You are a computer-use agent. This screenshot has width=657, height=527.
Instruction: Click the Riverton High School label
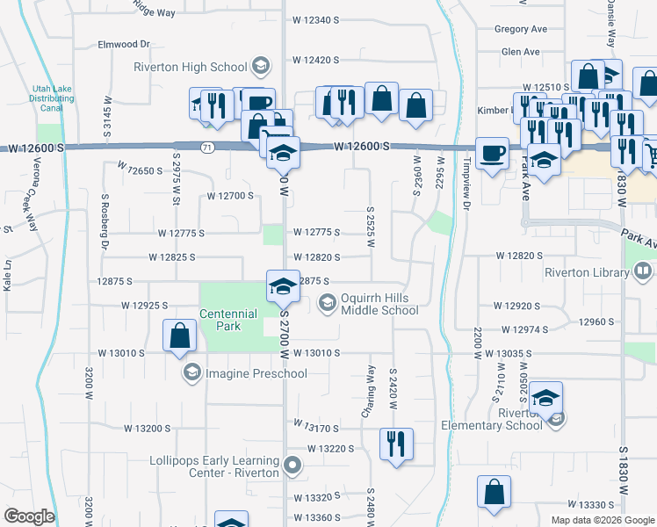pyautogui.click(x=191, y=67)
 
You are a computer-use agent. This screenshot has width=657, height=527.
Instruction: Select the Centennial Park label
pyautogui.click(x=228, y=320)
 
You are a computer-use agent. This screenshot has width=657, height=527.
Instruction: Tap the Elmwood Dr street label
pyautogui.click(x=125, y=43)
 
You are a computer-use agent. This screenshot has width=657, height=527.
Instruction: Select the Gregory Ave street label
pyautogui.click(x=521, y=28)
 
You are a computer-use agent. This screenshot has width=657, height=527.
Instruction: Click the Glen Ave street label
pyautogui.click(x=520, y=52)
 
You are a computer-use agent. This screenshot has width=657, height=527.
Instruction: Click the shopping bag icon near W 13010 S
pyautogui.click(x=180, y=335)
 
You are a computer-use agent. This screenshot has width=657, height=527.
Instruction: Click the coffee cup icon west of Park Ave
pyautogui.click(x=492, y=152)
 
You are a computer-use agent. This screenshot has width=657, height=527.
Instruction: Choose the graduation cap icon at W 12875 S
pyautogui.click(x=283, y=285)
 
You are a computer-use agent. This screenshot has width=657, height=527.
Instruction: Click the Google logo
pyautogui.click(x=29, y=516)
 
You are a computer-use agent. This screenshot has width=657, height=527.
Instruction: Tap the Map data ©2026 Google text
pyautogui.click(x=602, y=520)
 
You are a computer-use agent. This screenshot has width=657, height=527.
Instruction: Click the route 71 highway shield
pyautogui.click(x=206, y=146)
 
